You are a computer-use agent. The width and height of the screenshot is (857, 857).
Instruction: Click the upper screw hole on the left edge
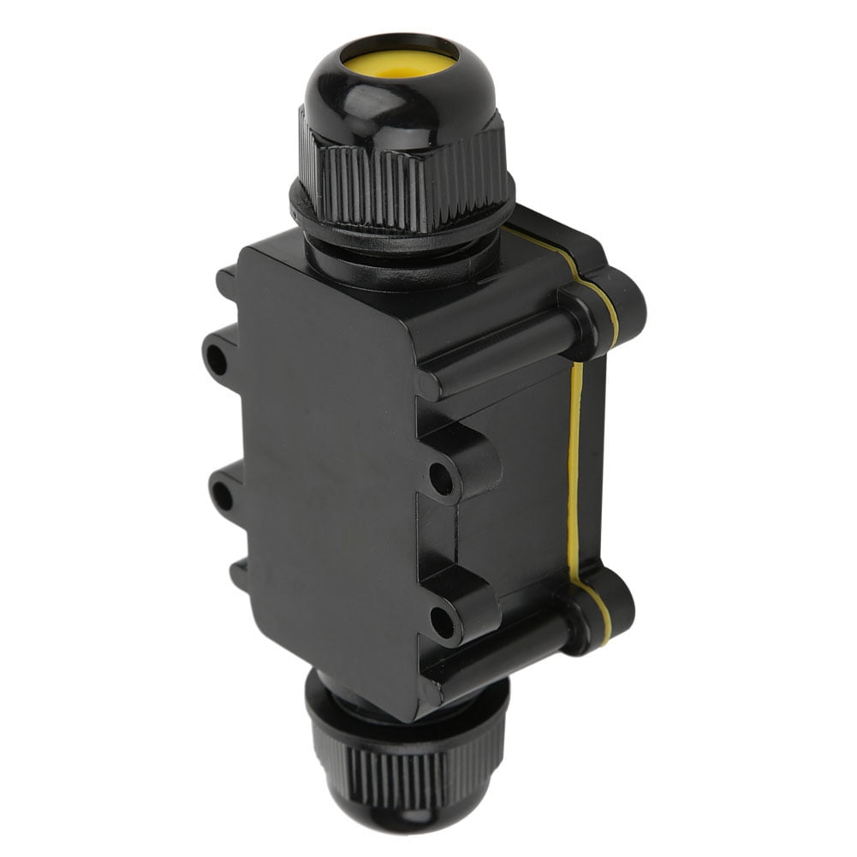(217, 360)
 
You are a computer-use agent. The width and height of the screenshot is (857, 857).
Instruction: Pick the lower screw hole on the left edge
(221, 495)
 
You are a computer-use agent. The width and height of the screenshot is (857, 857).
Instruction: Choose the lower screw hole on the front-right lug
(442, 622)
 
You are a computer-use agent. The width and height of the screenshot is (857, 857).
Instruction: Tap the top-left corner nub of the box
(226, 279)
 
